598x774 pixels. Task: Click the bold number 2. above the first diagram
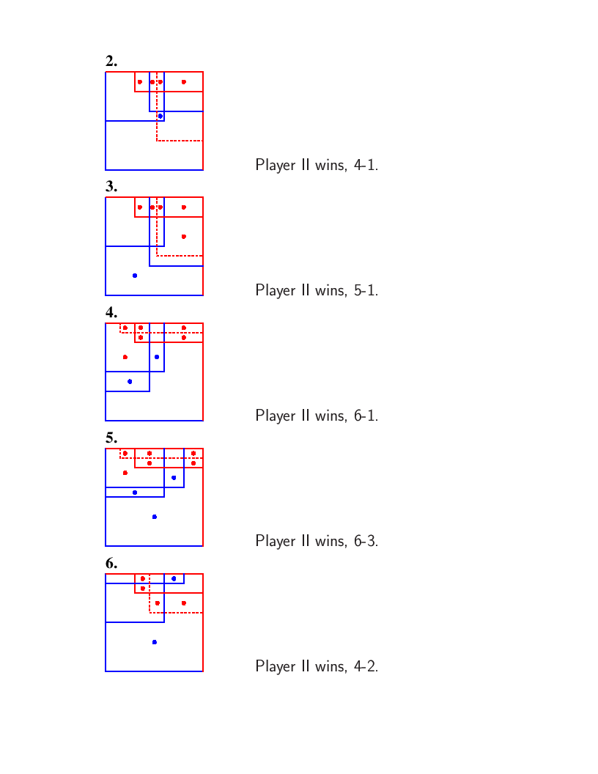111,62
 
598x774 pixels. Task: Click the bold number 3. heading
111,187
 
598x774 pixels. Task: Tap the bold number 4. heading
111,312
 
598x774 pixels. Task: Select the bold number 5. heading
111,438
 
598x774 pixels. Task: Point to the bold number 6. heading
111,563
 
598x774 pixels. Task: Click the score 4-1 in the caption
366,165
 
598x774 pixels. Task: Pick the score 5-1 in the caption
366,290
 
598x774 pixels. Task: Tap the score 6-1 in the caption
366,416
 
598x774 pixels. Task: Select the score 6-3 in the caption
366,541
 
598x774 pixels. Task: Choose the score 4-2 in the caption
366,666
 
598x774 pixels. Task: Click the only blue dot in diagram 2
160,116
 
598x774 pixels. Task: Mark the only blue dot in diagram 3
135,276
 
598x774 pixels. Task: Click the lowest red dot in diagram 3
183,237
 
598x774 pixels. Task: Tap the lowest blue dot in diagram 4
130,382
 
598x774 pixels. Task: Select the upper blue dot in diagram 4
156,357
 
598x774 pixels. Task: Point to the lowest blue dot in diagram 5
155,517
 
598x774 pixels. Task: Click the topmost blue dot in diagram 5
174,478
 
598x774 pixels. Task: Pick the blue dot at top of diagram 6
174,578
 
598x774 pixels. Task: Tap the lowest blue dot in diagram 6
155,642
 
